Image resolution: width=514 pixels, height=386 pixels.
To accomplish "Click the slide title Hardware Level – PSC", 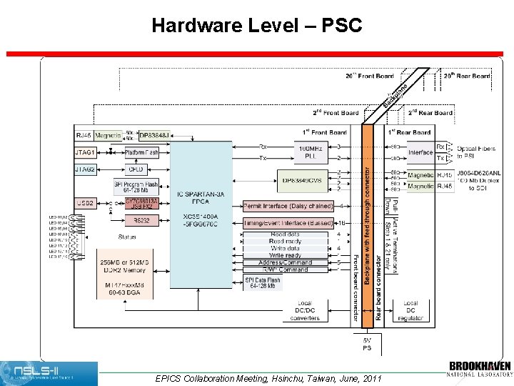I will pyautogui.click(x=257, y=26).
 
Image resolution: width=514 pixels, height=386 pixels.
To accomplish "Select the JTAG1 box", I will pyautogui.click(x=85, y=152).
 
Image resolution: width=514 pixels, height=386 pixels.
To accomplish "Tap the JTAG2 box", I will pyautogui.click(x=85, y=169).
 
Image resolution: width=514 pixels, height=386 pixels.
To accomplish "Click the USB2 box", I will pyautogui.click(x=85, y=203).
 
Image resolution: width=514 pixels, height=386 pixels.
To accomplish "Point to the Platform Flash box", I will pyautogui.click(x=142, y=152).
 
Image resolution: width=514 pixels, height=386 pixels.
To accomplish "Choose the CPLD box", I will pyautogui.click(x=136, y=169).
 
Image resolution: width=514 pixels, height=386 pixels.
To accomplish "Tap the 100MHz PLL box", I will pyautogui.click(x=310, y=152).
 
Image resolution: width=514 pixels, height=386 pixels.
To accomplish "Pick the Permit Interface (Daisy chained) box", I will pyautogui.click(x=288, y=206).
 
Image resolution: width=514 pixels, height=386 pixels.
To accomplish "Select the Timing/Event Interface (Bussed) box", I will pyautogui.click(x=288, y=222).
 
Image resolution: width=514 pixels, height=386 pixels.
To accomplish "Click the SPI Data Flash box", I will pyautogui.click(x=262, y=282).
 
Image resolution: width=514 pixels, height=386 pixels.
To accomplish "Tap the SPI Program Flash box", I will pyautogui.click(x=136, y=187).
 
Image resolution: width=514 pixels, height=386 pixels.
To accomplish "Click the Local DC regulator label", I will pyautogui.click(x=410, y=310).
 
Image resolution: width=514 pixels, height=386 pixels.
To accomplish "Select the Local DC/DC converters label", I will pyautogui.click(x=304, y=310).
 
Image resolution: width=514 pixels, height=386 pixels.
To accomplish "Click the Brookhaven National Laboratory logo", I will pyautogui.click(x=480, y=368).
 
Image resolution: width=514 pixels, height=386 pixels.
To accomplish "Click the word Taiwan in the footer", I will pyautogui.click(x=328, y=378).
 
